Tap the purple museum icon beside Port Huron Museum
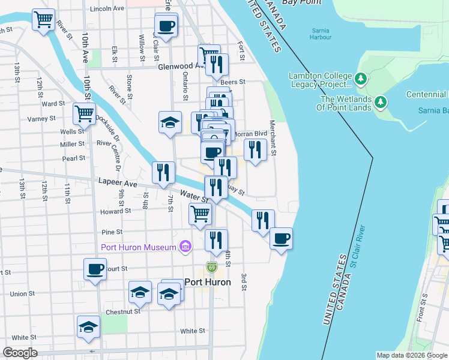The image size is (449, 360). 185,247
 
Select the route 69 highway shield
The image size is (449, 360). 211,266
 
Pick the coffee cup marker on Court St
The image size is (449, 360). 95,269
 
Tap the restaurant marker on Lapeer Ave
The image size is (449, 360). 163,173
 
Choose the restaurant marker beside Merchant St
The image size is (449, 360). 256,150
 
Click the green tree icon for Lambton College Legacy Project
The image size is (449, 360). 360,79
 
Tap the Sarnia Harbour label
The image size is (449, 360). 322,34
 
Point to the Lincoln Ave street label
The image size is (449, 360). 107,9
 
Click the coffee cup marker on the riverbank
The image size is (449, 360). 281,239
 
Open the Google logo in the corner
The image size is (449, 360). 20,353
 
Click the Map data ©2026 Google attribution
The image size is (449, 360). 411,355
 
